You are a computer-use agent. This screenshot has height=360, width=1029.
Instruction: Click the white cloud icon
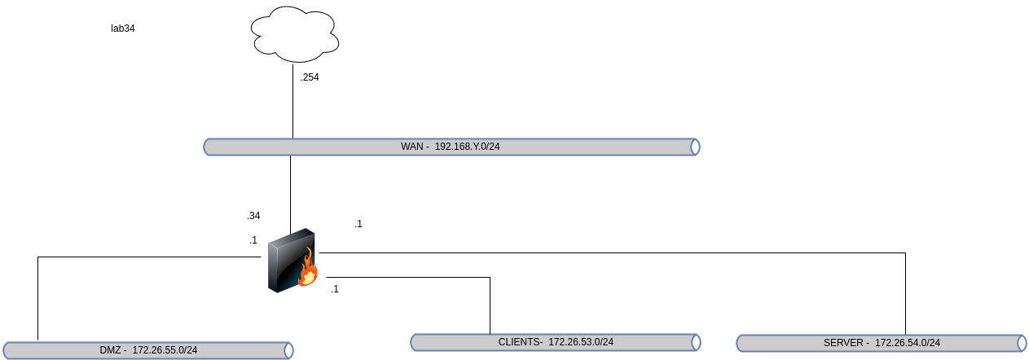(x=295, y=34)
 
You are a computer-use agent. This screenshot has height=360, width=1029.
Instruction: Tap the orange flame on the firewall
(x=308, y=270)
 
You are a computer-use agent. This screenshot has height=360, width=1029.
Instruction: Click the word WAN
(x=412, y=147)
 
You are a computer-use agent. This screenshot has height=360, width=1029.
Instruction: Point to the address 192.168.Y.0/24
(x=467, y=147)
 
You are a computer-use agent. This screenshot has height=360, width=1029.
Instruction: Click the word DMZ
(x=110, y=350)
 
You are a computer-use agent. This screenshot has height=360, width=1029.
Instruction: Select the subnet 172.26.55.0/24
(x=165, y=350)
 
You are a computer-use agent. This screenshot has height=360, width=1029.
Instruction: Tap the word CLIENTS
(x=520, y=342)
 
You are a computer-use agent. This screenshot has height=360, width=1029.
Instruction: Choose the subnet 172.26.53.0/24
(x=581, y=342)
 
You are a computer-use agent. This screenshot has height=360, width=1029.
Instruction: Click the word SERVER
(x=843, y=343)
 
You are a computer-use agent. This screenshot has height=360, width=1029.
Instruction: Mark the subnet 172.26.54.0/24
(x=908, y=343)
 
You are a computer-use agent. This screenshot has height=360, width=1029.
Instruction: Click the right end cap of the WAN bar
(x=695, y=147)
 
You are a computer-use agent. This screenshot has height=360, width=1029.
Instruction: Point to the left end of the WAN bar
(x=208, y=147)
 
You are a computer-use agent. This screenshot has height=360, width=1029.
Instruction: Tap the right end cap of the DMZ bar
(x=288, y=350)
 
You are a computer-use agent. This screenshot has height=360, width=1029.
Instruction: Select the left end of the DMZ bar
(x=7, y=350)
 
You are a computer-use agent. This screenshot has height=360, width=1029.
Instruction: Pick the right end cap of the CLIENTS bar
(x=696, y=342)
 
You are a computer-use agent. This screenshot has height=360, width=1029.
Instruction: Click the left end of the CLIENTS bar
(x=415, y=342)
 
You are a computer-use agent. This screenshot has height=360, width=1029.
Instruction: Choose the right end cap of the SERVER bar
(x=1022, y=343)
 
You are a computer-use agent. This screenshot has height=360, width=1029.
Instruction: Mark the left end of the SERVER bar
(x=741, y=343)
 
